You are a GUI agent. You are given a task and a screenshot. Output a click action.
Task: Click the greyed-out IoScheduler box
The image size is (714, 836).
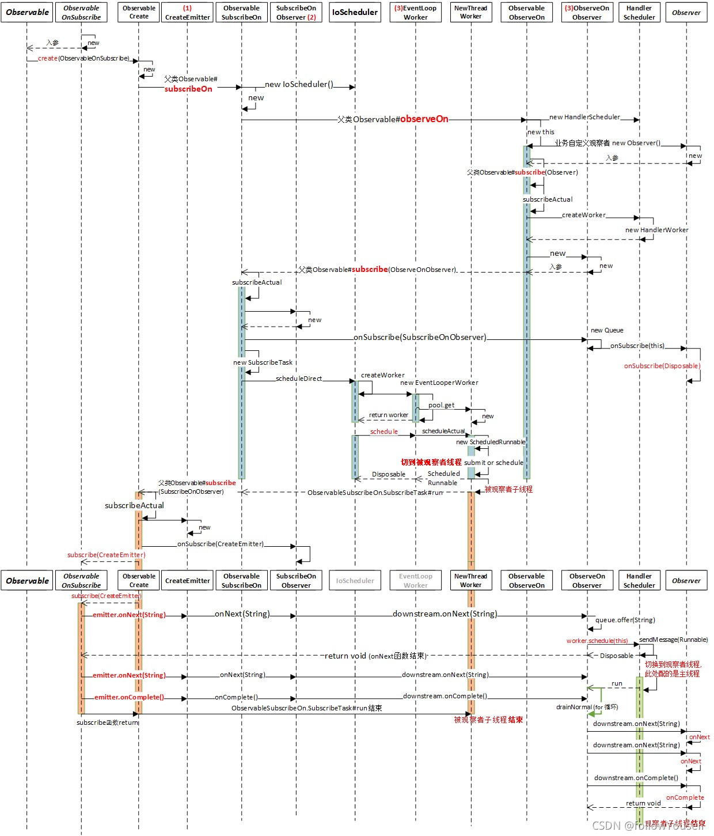coord(355,581)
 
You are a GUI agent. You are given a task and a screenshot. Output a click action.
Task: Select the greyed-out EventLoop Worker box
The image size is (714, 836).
coord(415,581)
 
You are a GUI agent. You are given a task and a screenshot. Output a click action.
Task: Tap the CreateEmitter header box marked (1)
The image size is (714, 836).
coord(187,13)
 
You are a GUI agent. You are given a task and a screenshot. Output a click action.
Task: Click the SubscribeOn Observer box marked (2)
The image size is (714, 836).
coord(296,13)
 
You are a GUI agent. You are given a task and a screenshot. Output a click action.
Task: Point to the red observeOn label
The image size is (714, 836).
coord(424,119)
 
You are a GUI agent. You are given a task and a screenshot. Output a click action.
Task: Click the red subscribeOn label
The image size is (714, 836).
coord(188,89)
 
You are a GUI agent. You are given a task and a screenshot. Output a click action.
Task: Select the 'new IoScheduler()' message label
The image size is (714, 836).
coord(299,85)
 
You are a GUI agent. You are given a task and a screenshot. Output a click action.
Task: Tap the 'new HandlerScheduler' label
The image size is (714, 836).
coord(584,117)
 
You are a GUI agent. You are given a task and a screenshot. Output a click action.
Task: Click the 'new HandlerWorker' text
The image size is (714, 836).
coord(656,230)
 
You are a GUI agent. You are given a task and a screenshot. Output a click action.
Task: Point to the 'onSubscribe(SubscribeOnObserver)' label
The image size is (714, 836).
coord(420,338)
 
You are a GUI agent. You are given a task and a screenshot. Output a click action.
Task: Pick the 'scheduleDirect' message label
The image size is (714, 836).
coord(299,379)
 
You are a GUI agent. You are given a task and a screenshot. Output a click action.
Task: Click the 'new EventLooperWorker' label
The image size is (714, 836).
coord(439,383)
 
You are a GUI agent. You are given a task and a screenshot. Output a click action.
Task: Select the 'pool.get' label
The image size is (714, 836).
coord(441,405)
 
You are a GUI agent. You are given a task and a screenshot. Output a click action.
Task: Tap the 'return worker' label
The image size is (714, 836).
coord(388,415)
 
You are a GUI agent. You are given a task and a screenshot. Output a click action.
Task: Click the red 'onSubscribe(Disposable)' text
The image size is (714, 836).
coord(662,366)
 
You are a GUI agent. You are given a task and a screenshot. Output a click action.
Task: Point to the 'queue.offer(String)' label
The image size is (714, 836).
coord(625,620)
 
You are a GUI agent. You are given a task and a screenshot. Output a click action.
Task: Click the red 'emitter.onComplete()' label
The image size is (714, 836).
coord(129,697)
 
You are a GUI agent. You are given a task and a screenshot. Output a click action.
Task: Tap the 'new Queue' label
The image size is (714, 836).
coord(607,330)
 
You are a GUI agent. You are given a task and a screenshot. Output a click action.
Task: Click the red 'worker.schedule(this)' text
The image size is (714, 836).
coord(597,641)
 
